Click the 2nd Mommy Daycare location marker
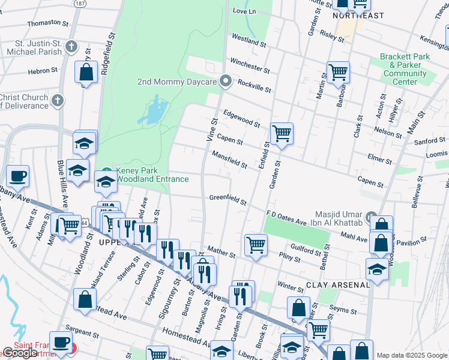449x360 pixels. pos(226,80)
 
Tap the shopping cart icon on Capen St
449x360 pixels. pos(281,134)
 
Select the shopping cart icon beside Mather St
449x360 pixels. pos(256,245)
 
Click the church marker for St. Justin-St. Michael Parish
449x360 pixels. pos(71,46)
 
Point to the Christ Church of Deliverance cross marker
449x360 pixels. pos(58,100)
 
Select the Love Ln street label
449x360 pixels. pos(244,11)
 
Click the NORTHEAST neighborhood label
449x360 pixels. pos(358,16)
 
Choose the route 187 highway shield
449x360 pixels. pos(79,4)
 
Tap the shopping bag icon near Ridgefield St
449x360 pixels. pos(86,73)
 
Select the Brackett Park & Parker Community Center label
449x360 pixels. pos(405,69)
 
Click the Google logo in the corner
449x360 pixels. pos(20,353)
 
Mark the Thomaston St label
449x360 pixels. pos(48,23)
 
